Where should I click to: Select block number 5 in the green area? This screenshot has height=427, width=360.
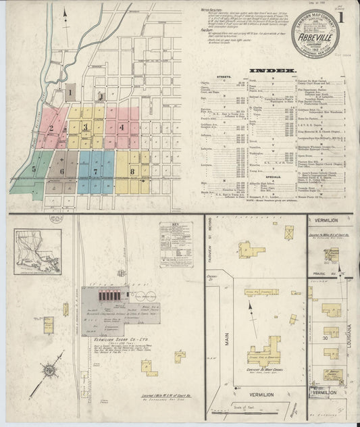[33, 169]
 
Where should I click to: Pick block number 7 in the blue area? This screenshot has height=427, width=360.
[96, 172]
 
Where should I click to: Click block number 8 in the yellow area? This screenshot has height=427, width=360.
[132, 172]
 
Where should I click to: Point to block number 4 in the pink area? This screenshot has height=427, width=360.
[122, 126]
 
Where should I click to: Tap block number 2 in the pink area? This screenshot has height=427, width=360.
[51, 128]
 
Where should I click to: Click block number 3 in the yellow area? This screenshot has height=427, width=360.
[85, 126]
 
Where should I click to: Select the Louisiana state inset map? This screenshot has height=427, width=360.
[38, 249]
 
